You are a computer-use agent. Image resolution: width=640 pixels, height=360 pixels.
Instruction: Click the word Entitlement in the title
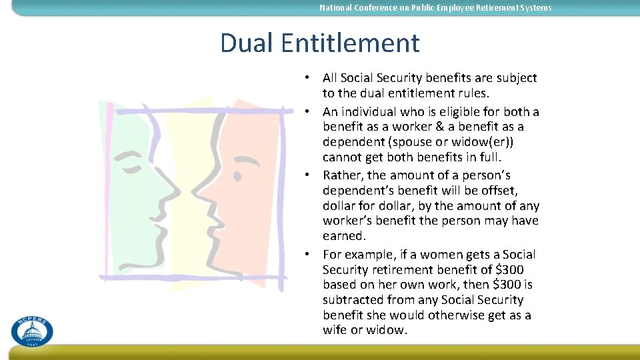pyautogui.click(x=350, y=43)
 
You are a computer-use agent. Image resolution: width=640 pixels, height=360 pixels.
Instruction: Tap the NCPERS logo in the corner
pyautogui.click(x=31, y=331)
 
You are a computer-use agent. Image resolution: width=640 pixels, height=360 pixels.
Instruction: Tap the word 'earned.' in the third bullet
pyautogui.click(x=344, y=236)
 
